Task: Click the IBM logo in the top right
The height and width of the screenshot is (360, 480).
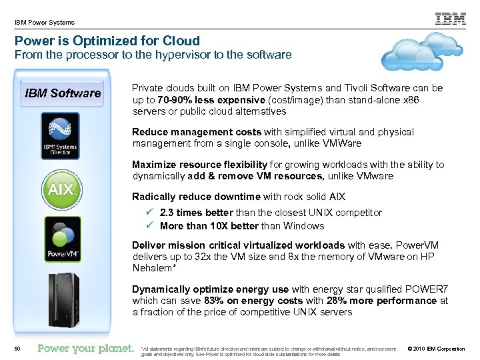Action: coord(450,19)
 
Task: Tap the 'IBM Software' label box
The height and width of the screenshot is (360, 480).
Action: coord(63,93)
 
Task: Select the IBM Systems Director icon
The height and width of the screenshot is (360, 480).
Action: coord(61,136)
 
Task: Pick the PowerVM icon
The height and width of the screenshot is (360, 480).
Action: coord(62,239)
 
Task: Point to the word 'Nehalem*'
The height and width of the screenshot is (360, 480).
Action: coord(154,268)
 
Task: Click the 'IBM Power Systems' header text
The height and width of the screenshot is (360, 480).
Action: coord(44,23)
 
